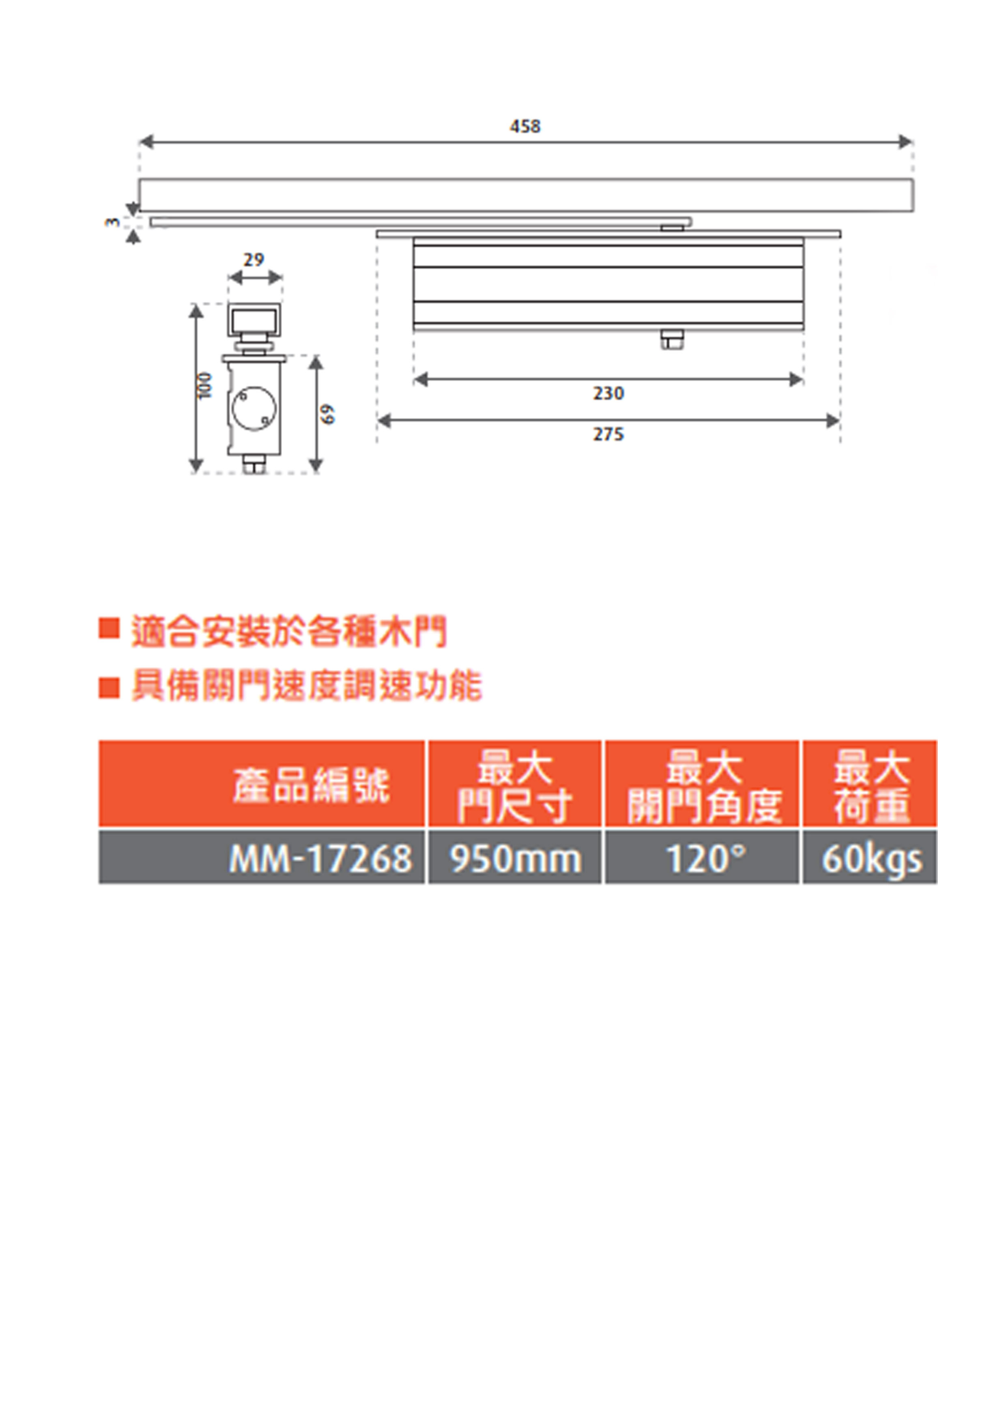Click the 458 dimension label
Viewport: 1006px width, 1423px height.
pos(525,127)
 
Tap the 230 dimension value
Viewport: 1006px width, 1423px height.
pos(608,393)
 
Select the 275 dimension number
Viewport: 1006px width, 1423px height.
pos(608,434)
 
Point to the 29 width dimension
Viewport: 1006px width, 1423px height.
pos(254,260)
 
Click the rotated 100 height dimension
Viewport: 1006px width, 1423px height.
pos(206,385)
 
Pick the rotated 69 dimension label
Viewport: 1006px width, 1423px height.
pos(329,414)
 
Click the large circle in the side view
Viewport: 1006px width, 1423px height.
pos(254,408)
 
